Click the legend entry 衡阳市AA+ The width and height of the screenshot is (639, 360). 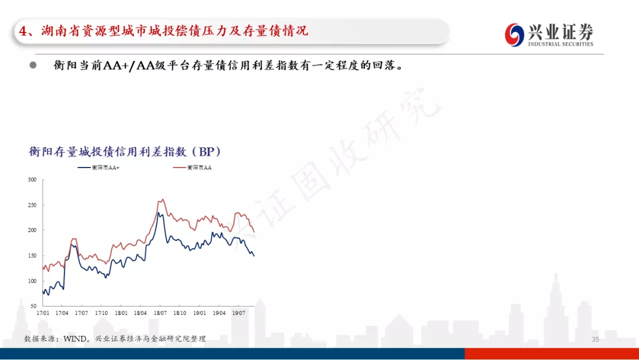[99, 168]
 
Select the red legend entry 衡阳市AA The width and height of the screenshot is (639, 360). [192, 168]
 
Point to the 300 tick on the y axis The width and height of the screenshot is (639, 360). [32, 180]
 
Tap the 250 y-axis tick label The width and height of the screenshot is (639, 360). [32, 205]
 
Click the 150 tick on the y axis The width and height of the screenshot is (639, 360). [32, 256]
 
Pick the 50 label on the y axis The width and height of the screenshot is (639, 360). [33, 306]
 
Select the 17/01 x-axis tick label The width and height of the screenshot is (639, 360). [43, 313]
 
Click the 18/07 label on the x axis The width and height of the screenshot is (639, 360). [160, 313]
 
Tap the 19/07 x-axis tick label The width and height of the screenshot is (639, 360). [239, 313]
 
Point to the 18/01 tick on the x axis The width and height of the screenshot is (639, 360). [121, 313]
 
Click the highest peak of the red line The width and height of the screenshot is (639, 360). [163, 200]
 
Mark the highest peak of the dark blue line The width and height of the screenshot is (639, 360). [159, 213]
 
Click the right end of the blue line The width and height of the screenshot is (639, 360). [254, 256]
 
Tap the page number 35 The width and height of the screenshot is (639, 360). [595, 339]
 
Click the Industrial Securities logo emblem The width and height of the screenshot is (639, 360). [514, 35]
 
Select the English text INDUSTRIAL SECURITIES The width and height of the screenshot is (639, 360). [561, 44]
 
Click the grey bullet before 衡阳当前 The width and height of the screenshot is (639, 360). [33, 65]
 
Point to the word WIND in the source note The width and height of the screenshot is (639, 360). [75, 339]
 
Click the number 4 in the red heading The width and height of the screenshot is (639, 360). [23, 31]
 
